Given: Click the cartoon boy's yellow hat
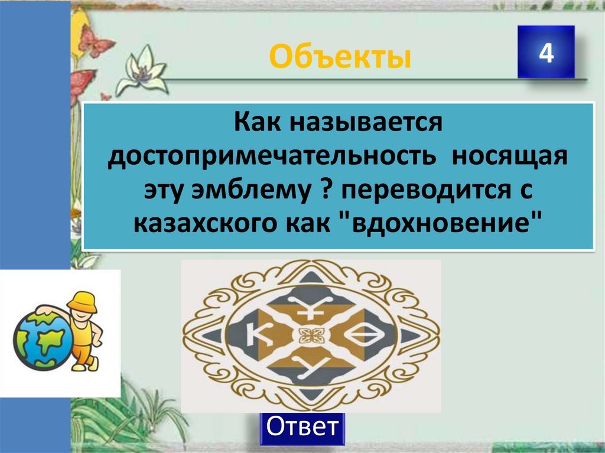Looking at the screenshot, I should click(x=81, y=301).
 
